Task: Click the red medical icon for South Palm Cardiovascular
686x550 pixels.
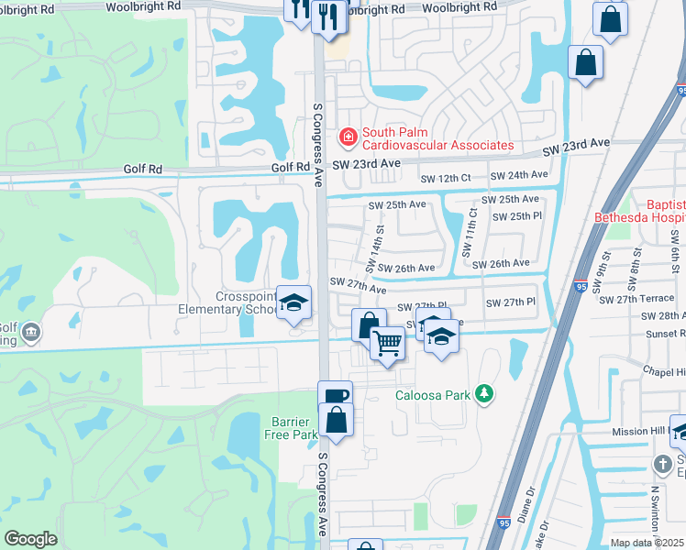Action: [x=348, y=138]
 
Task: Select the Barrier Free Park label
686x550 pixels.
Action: [x=292, y=428]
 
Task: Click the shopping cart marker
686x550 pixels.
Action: [x=387, y=344]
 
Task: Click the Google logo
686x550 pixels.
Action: [x=31, y=539]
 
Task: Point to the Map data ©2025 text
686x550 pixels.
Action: [x=647, y=543]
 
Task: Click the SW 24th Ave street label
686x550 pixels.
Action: [x=519, y=175]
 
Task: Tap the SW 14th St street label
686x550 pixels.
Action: [x=373, y=250]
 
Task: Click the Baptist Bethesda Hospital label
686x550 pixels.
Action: [x=639, y=212]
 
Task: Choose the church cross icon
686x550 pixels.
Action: [x=662, y=464]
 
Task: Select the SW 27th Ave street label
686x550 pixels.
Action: [x=357, y=286]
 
